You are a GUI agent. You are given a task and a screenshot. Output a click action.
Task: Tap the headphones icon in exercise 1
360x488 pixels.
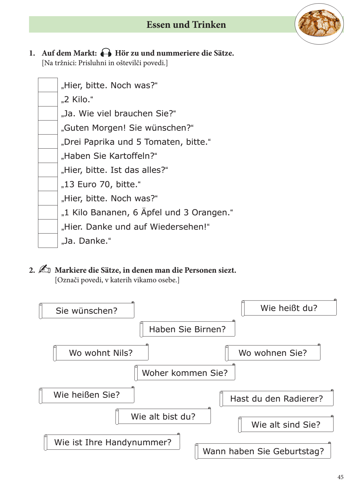106,53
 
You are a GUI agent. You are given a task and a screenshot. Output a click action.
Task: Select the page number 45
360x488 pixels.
340,477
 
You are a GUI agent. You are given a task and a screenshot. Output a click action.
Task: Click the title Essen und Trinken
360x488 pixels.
186,25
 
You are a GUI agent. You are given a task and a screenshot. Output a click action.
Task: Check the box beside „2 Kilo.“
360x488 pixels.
48,99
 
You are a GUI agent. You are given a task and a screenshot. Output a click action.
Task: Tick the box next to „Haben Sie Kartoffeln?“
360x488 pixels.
48,156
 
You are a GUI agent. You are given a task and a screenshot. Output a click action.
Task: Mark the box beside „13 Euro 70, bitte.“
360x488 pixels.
48,184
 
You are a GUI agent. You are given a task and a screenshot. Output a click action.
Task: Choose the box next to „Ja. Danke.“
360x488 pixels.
48,241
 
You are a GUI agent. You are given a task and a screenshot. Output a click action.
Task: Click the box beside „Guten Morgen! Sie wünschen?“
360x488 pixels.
48,128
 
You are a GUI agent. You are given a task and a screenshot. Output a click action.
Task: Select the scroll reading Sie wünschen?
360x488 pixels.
86,311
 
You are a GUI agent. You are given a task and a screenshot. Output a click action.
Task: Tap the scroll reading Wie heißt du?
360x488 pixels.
289,308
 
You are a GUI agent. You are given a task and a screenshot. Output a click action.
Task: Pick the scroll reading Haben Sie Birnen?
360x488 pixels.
187,329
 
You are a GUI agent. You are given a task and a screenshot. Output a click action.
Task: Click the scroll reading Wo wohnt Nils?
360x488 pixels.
101,353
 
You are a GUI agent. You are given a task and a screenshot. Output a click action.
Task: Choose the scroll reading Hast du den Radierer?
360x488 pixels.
277,399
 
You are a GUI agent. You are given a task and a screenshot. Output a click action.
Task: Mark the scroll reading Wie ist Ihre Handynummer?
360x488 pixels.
113,442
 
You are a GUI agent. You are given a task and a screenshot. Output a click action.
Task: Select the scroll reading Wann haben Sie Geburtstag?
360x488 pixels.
263,451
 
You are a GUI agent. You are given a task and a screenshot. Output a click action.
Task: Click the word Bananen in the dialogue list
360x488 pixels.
110,213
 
